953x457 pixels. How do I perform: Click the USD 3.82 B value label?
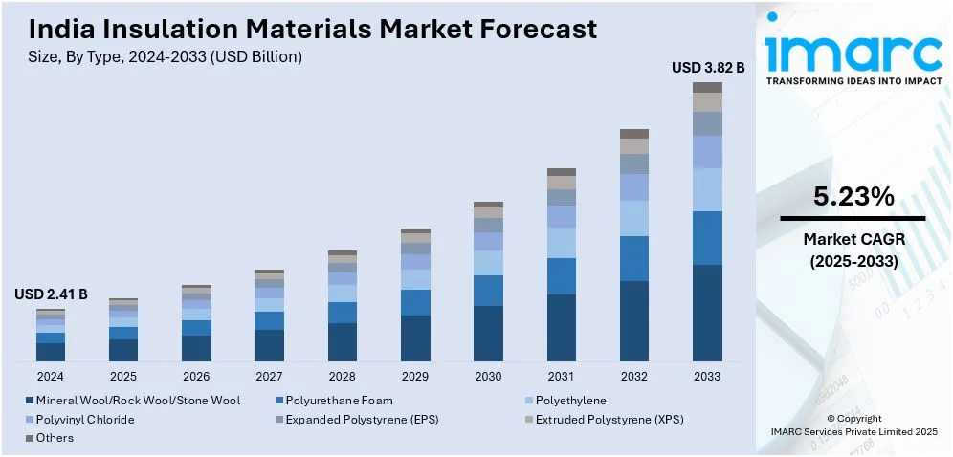click(x=708, y=68)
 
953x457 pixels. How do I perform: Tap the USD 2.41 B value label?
click(x=51, y=295)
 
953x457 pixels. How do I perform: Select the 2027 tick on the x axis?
click(x=269, y=376)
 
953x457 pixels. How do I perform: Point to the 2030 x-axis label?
click(x=488, y=376)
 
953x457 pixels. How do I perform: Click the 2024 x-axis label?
click(x=51, y=376)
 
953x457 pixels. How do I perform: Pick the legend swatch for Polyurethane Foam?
click(x=277, y=401)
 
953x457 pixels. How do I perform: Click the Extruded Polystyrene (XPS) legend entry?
click(x=609, y=420)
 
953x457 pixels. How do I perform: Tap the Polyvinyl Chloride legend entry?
click(x=85, y=420)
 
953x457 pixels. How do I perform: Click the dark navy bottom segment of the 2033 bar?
click(x=708, y=313)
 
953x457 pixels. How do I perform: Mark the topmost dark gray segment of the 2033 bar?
click(x=708, y=87)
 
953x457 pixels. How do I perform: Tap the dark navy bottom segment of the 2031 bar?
click(x=562, y=327)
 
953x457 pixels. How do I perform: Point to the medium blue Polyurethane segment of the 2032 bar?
click(x=634, y=258)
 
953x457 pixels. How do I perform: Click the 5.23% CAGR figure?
click(x=853, y=197)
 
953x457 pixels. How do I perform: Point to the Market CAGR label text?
click(x=853, y=239)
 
